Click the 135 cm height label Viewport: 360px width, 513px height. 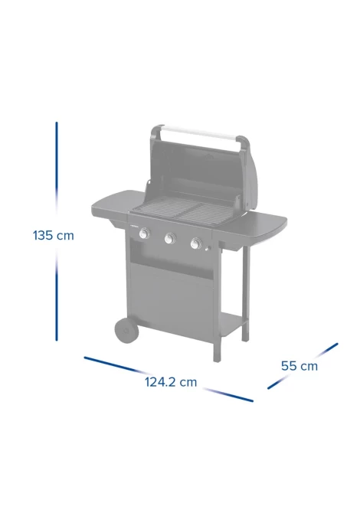(x=54, y=235)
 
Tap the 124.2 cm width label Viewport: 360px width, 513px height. (x=171, y=382)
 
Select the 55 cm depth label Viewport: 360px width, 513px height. (x=299, y=366)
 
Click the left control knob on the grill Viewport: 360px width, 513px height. (x=144, y=234)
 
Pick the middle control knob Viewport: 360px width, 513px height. (x=170, y=238)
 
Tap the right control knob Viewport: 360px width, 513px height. (x=196, y=243)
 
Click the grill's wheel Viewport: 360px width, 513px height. (x=126, y=331)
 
